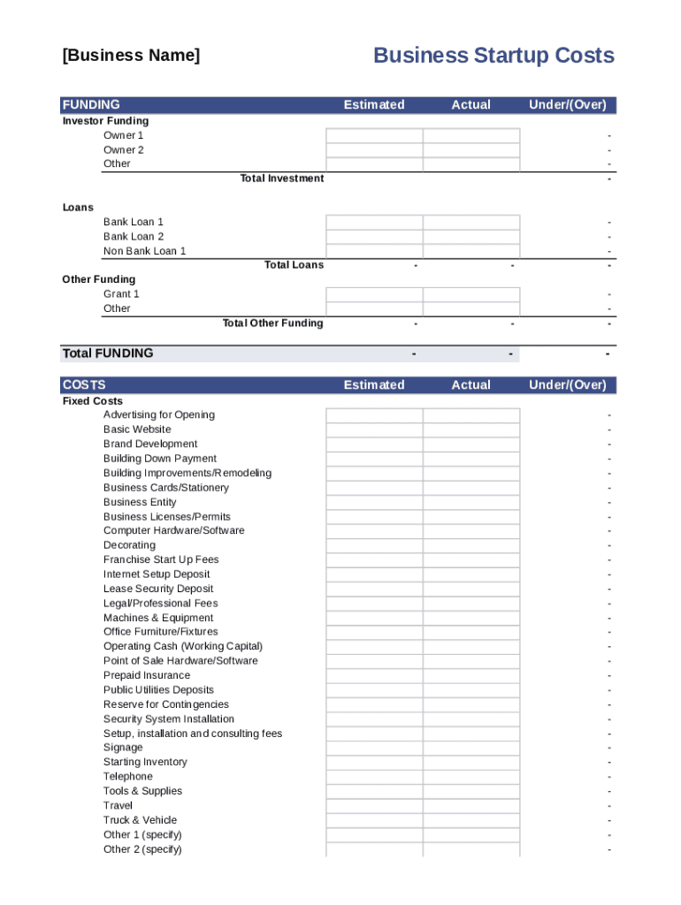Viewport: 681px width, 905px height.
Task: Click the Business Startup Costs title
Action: pyautogui.click(x=494, y=56)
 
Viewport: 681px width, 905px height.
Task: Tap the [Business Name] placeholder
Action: pyautogui.click(x=131, y=56)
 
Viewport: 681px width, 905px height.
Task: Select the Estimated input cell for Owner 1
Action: pyautogui.click(x=374, y=135)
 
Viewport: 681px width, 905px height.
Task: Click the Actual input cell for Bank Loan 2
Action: pyautogui.click(x=471, y=237)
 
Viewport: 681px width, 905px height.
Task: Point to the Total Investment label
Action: pyautogui.click(x=282, y=179)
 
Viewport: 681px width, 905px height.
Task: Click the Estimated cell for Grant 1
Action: pyautogui.click(x=374, y=294)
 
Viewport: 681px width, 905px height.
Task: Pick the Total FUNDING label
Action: pyautogui.click(x=108, y=354)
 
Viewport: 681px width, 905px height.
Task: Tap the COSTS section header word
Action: pyautogui.click(x=84, y=385)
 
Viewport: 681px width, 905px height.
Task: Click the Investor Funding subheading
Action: pyautogui.click(x=105, y=121)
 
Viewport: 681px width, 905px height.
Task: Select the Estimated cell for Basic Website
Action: pyautogui.click(x=374, y=430)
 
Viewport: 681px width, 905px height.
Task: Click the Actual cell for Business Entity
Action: pyautogui.click(x=471, y=502)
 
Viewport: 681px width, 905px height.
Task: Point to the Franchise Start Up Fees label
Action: pyautogui.click(x=161, y=559)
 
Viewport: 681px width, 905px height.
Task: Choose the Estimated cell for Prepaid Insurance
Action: pyautogui.click(x=374, y=675)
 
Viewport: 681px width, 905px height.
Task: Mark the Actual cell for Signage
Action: pyautogui.click(x=471, y=748)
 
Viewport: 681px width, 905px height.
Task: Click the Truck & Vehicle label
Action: pyautogui.click(x=140, y=820)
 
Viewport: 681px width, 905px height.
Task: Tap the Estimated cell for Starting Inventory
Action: pyautogui.click(x=374, y=762)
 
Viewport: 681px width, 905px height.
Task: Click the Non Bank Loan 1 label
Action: pyautogui.click(x=145, y=251)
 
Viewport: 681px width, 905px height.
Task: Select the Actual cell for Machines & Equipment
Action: pyautogui.click(x=471, y=618)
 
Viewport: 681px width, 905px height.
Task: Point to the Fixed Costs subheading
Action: pyautogui.click(x=93, y=401)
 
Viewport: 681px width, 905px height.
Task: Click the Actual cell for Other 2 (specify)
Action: pyautogui.click(x=471, y=849)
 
